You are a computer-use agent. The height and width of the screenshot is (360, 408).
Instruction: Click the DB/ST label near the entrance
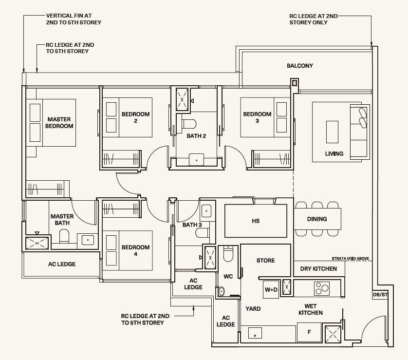click(380, 295)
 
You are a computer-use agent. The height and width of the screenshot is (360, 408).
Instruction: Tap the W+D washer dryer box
click(271, 289)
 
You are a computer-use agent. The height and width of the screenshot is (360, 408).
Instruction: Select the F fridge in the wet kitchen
click(309, 332)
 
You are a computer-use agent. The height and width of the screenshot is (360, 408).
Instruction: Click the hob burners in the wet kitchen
click(322, 288)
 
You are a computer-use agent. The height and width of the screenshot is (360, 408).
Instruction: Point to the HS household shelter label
click(256, 221)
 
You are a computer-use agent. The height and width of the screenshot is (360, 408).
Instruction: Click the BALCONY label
click(300, 66)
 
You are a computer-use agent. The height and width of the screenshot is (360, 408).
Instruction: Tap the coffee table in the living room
click(332, 132)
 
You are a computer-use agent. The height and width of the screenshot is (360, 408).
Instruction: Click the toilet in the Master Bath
click(64, 236)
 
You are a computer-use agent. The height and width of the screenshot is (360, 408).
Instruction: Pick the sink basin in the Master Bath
click(88, 240)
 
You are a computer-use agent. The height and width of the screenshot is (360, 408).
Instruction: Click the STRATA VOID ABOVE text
click(350, 259)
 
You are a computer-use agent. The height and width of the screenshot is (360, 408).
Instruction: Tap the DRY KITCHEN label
click(318, 268)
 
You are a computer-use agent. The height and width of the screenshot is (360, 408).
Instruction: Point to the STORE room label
click(265, 260)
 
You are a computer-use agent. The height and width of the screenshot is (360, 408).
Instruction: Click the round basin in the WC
click(221, 291)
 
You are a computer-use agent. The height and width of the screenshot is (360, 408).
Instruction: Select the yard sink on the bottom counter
click(255, 333)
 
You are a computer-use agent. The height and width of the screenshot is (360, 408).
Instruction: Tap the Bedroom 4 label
click(135, 250)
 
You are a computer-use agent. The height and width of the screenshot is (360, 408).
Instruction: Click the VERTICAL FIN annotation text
click(74, 19)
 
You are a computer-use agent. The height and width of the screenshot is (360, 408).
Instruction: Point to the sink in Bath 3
click(206, 211)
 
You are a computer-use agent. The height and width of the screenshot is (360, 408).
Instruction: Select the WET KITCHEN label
click(311, 309)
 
